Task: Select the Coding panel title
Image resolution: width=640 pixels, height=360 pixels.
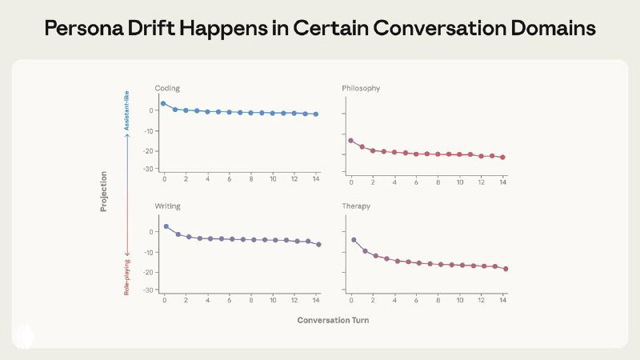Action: (x=167, y=87)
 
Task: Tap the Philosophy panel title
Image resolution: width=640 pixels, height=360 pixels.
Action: (x=361, y=87)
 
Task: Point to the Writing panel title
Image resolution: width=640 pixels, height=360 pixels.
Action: (x=167, y=206)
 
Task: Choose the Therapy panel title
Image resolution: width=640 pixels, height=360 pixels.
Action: (x=357, y=206)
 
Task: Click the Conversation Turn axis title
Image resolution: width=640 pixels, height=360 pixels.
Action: (x=333, y=320)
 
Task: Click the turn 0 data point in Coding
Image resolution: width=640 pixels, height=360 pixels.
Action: (x=163, y=103)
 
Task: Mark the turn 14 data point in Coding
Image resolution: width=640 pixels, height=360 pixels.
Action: (x=316, y=114)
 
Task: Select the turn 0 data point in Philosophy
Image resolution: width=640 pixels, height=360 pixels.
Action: (x=351, y=141)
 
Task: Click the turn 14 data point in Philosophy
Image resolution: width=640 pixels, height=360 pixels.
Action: (x=503, y=158)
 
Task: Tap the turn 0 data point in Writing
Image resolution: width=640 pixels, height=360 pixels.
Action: (x=166, y=226)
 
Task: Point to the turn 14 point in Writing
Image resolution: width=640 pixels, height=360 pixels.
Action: (x=318, y=244)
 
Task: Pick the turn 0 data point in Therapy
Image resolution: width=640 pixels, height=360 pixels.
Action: (x=354, y=239)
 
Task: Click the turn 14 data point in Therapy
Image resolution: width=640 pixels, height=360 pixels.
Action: (x=506, y=269)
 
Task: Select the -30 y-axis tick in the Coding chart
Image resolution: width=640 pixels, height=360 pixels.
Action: (x=148, y=169)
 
